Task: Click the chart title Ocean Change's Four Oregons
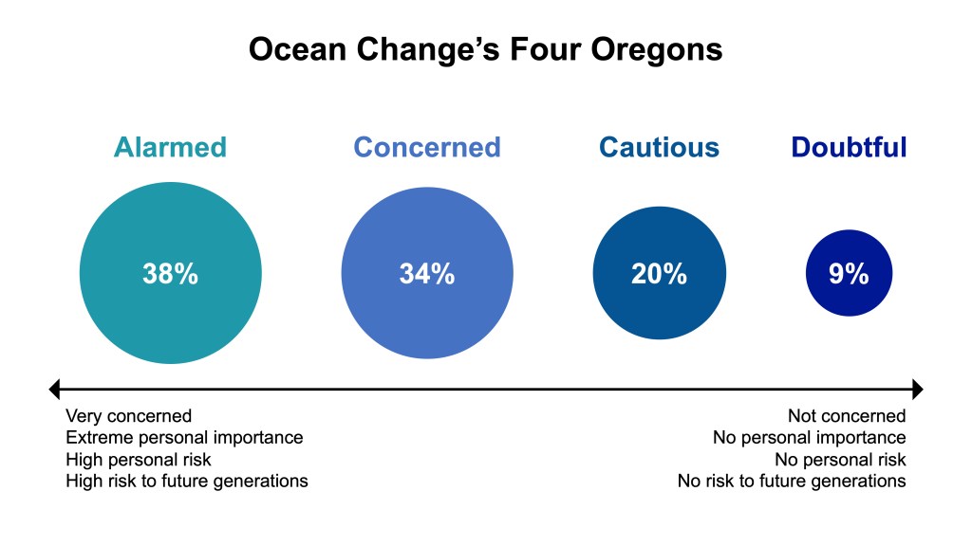pyautogui.click(x=485, y=49)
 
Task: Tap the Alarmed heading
pyautogui.click(x=171, y=147)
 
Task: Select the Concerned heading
pyautogui.click(x=427, y=147)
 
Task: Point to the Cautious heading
pyautogui.click(x=659, y=147)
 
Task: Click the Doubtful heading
pyautogui.click(x=849, y=147)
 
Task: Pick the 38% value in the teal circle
pyautogui.click(x=171, y=274)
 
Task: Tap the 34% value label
pyautogui.click(x=427, y=274)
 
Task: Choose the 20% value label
pyautogui.click(x=659, y=274)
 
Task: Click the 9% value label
pyautogui.click(x=849, y=274)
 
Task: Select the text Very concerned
pyautogui.click(x=129, y=416)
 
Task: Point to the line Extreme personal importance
pyautogui.click(x=185, y=438)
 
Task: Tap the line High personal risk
pyautogui.click(x=139, y=460)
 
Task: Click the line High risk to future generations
pyautogui.click(x=187, y=481)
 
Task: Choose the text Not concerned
pyautogui.click(x=847, y=416)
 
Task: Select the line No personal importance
pyautogui.click(x=809, y=438)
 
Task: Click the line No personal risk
pyautogui.click(x=840, y=460)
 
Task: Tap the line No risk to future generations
pyautogui.click(x=792, y=481)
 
